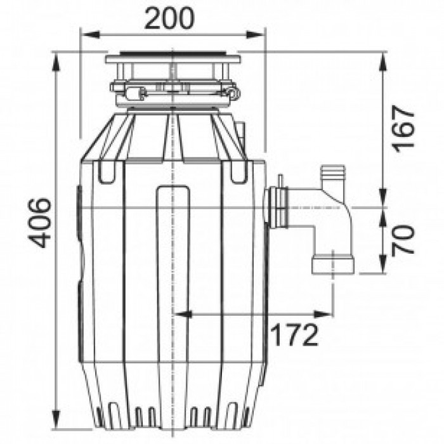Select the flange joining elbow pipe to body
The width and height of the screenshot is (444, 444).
278,207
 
